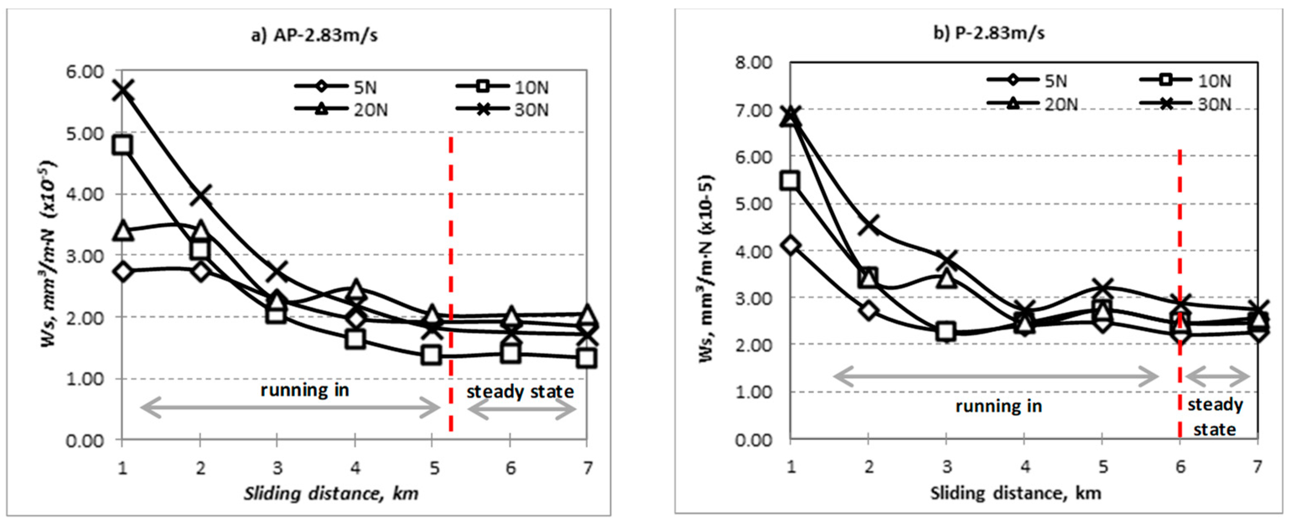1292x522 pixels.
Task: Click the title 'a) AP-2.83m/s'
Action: coord(314,36)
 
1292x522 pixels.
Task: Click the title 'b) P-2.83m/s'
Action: coord(988,34)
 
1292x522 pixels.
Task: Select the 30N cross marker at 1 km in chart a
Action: coord(123,90)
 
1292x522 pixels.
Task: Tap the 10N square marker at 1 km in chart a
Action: coord(123,145)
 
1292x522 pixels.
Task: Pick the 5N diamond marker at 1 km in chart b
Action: coord(791,245)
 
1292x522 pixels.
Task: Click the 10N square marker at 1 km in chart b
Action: coord(791,180)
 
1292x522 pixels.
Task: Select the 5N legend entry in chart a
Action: coord(336,87)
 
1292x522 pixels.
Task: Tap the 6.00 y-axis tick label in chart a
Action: coord(85,72)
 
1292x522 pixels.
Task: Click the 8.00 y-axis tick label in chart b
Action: coord(753,63)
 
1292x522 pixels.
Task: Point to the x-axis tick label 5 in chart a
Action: coord(433,468)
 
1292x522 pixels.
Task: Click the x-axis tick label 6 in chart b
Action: coord(1180,467)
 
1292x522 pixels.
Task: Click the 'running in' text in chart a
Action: coord(304,390)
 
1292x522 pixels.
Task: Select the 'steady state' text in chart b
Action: coord(1215,417)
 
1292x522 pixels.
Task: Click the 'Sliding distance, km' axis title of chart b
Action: coord(1016,494)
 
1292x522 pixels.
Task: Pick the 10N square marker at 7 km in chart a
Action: coord(587,358)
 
